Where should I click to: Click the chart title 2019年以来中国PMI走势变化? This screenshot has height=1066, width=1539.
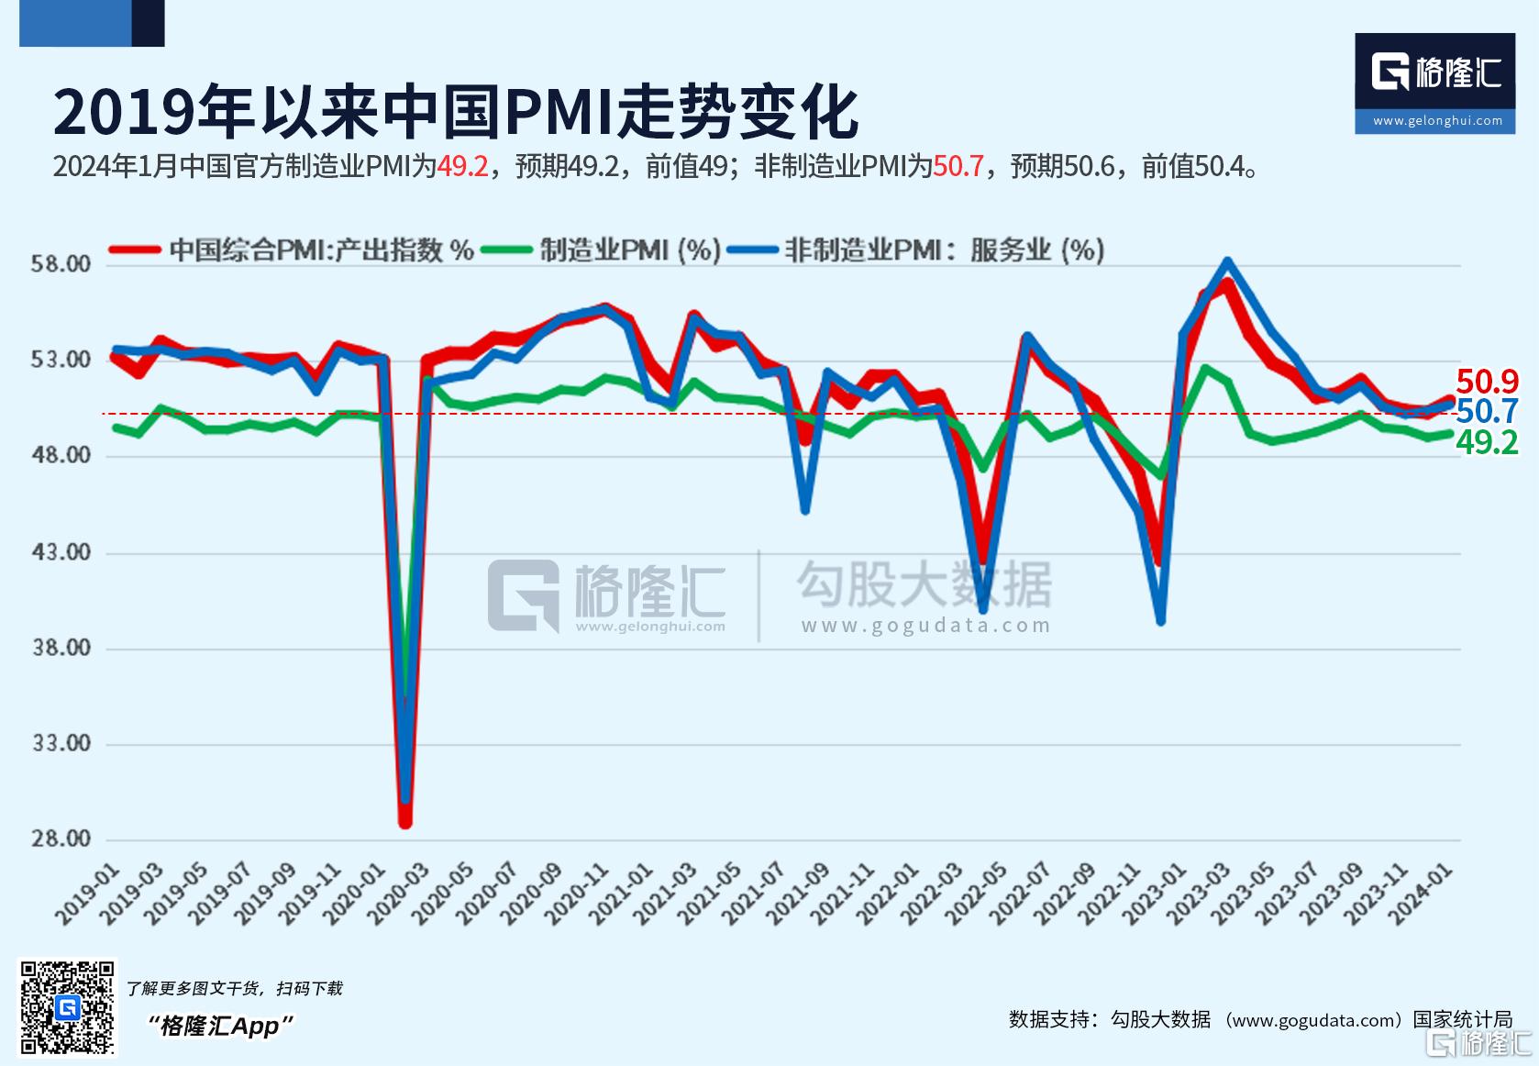[456, 113]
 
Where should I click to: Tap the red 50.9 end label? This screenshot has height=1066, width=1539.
[1487, 382]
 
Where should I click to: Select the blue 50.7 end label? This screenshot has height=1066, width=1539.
[1487, 411]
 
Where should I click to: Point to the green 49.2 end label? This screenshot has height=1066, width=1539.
[1487, 443]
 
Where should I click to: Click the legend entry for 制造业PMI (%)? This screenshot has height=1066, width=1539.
[629, 250]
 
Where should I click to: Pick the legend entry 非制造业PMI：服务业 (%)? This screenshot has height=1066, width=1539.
[944, 250]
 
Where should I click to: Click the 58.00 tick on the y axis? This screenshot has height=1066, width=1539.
[61, 264]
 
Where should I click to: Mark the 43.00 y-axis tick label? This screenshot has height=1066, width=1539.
[61, 552]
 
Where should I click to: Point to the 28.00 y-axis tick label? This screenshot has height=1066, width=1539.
[61, 838]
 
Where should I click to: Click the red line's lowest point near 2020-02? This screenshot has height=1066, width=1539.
[404, 822]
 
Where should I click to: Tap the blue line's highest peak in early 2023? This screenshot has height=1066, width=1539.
[1227, 261]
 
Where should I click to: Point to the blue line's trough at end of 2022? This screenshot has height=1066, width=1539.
[1161, 621]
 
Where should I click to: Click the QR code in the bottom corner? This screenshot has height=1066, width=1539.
[68, 1007]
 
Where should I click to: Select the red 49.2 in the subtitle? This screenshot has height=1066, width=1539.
[462, 166]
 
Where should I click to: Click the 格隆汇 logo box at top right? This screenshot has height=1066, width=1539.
[1434, 83]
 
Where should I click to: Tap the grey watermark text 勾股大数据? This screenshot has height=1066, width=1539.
[924, 584]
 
